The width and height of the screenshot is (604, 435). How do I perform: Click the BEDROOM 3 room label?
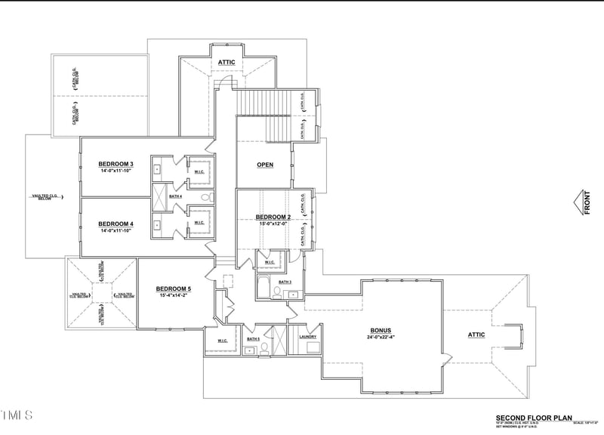[x=116, y=164]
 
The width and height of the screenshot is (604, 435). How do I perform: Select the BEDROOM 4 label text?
[x=116, y=224]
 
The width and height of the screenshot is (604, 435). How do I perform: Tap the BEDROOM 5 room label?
[x=174, y=288]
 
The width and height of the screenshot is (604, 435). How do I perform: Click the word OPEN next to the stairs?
[x=264, y=165]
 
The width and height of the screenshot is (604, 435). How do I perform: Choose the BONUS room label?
[x=380, y=330]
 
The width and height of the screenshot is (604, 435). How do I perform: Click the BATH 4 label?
[x=175, y=196]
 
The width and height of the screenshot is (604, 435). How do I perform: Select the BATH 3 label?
[x=285, y=282]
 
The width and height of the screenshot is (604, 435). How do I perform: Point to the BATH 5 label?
[x=253, y=339]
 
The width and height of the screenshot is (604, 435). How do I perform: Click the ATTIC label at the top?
[x=226, y=62]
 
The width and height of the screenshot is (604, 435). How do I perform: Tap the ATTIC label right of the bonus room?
[x=476, y=335]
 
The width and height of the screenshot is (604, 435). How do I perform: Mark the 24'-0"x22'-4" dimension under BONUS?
[x=380, y=338]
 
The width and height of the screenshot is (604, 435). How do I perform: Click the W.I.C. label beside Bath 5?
[x=223, y=340]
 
